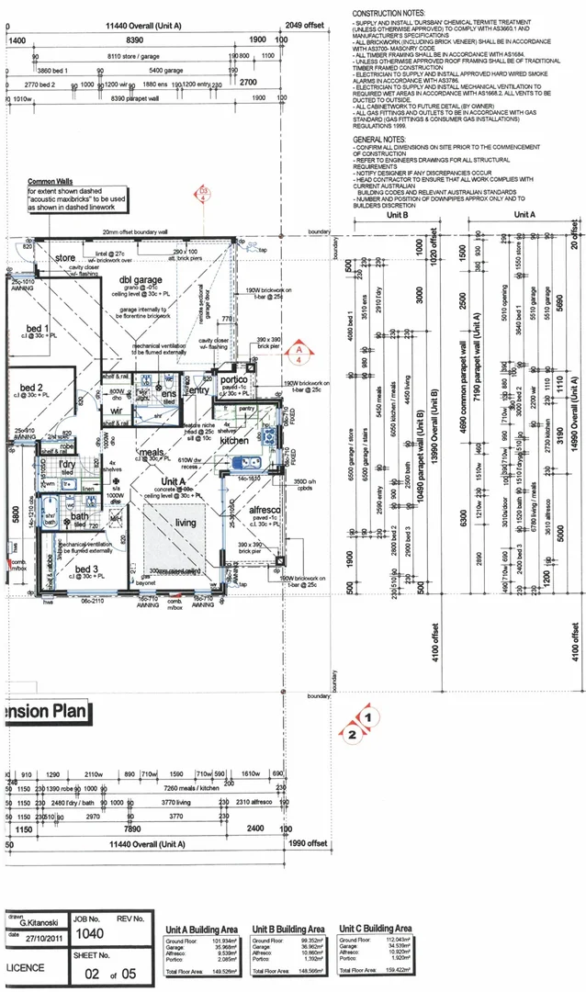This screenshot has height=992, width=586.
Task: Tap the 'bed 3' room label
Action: coord(88,569)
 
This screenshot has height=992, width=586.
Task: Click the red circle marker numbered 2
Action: coord(351,733)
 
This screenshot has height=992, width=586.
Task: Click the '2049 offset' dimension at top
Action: coord(306,26)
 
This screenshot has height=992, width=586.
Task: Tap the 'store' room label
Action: coord(65,258)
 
